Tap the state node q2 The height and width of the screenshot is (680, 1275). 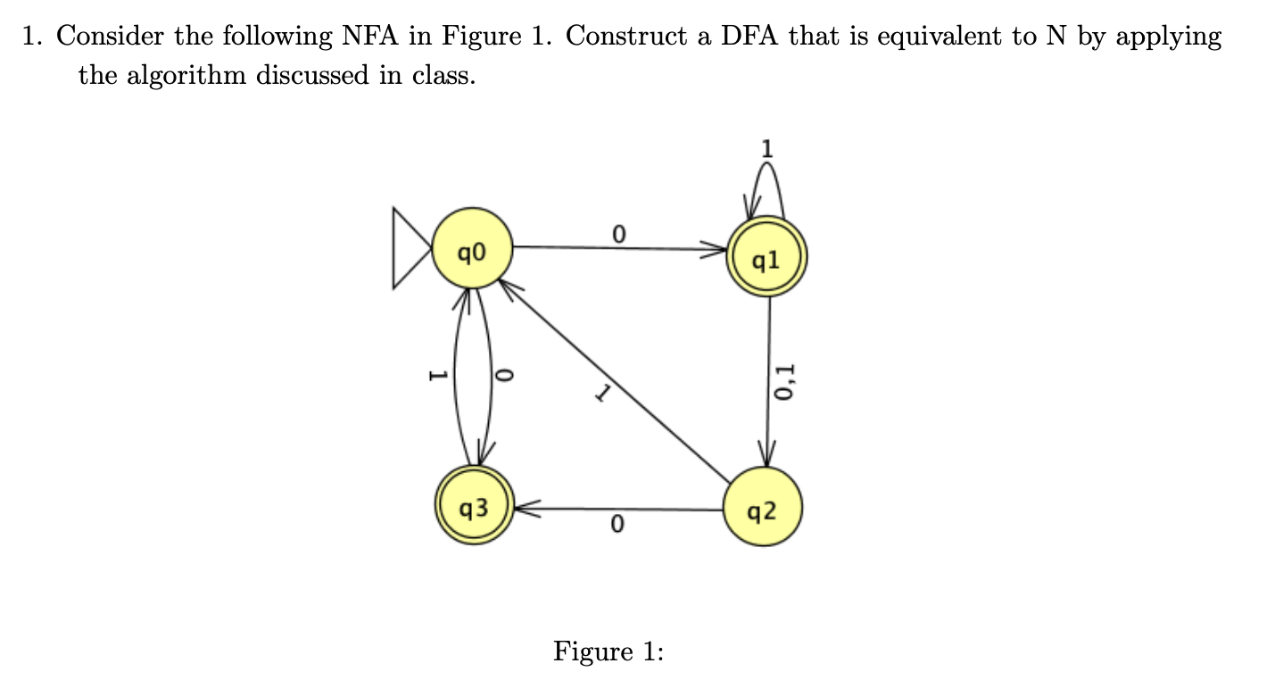pyautogui.click(x=764, y=509)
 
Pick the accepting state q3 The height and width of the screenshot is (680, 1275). pyautogui.click(x=473, y=508)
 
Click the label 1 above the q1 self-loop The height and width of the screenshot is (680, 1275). pyautogui.click(x=766, y=148)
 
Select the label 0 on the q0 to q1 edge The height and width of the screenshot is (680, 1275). pyautogui.click(x=617, y=234)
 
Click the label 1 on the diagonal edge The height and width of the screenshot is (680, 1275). pyautogui.click(x=603, y=394)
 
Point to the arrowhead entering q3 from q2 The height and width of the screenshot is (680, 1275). pyautogui.click(x=523, y=509)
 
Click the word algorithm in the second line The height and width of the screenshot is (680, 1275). pyautogui.click(x=188, y=75)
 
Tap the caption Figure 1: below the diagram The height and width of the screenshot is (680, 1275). pyautogui.click(x=609, y=651)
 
